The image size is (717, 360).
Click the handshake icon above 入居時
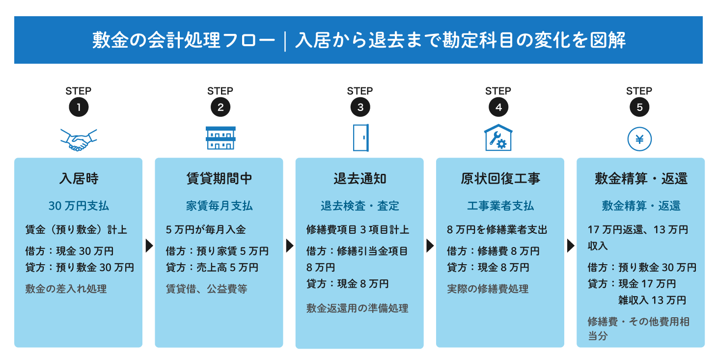click(x=79, y=140)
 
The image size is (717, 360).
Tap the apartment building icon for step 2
click(x=221, y=138)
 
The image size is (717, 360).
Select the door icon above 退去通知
click(x=361, y=138)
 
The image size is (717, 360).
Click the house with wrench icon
click(x=498, y=138)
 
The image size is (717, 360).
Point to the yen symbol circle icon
click(x=639, y=139)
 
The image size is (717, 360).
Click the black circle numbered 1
click(x=79, y=107)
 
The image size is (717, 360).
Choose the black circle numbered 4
click(x=498, y=107)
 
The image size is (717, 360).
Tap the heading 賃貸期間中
click(x=219, y=179)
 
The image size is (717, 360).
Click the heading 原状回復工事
click(x=500, y=179)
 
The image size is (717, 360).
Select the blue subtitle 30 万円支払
click(x=79, y=206)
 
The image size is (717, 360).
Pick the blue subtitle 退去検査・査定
click(x=360, y=206)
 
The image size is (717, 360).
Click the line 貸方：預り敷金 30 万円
click(x=80, y=267)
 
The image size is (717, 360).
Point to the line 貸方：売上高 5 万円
click(x=212, y=267)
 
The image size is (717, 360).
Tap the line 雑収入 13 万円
click(x=652, y=300)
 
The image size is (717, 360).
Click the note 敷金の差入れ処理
click(x=66, y=289)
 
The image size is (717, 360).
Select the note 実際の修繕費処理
click(x=488, y=289)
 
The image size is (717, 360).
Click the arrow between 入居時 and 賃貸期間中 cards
click(x=149, y=246)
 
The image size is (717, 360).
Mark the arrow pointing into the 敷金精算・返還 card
click(x=571, y=246)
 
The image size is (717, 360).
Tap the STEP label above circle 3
click(x=360, y=91)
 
